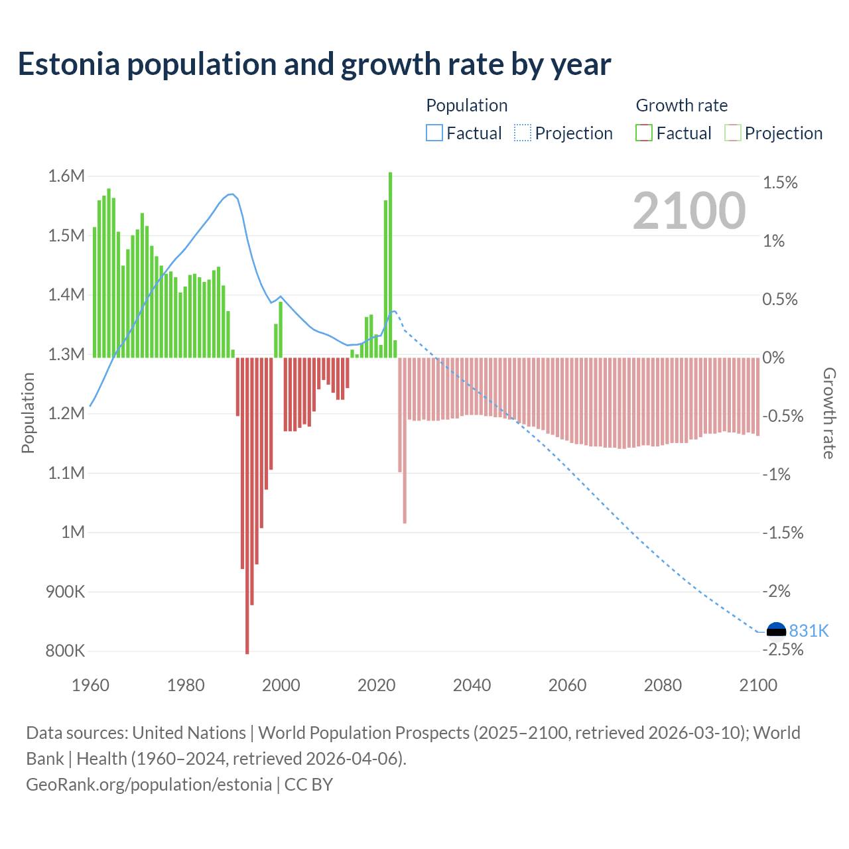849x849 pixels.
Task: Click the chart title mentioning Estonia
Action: point(314,64)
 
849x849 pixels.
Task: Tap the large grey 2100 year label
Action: point(688,211)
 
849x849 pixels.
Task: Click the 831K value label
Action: point(809,631)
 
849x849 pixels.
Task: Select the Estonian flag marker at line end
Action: point(776,630)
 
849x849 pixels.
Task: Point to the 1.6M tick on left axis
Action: point(66,176)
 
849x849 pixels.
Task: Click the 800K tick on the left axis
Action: point(65,651)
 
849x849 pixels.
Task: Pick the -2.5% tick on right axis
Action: point(783,649)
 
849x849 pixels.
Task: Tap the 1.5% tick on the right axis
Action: point(780,182)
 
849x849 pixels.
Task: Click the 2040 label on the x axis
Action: point(472,685)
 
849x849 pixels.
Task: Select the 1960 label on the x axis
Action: point(90,685)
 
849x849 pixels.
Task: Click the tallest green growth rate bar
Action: point(390,265)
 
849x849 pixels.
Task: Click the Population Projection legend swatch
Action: point(523,133)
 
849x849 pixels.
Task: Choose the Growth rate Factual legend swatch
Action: point(644,133)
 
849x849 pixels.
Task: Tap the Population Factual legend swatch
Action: point(434,133)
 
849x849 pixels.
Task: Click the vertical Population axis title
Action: point(28,413)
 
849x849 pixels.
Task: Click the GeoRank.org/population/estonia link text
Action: point(149,785)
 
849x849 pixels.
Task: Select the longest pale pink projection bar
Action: point(405,440)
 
